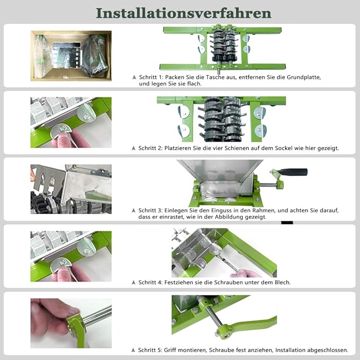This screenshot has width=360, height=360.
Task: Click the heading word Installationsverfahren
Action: [x=183, y=13]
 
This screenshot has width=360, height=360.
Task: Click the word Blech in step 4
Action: [x=283, y=283]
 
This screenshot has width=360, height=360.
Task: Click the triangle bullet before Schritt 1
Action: [x=134, y=77]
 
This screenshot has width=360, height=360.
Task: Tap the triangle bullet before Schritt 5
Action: [x=133, y=350]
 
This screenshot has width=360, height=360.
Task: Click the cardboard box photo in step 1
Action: [x=71, y=56]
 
